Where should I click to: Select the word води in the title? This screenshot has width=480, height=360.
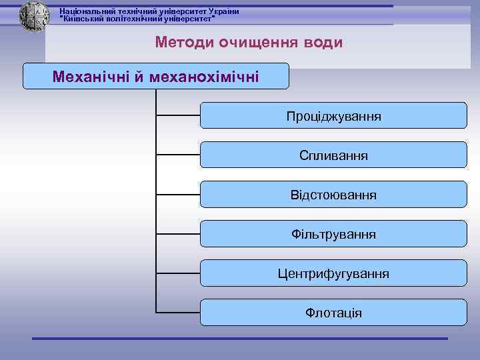322,43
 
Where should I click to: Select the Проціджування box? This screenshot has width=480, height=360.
333,115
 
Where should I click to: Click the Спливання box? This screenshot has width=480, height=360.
333,155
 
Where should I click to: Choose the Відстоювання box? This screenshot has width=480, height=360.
333,195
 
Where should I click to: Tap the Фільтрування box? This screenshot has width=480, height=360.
333,234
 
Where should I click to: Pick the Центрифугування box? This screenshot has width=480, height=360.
333,273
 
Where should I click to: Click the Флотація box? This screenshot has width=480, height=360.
333,312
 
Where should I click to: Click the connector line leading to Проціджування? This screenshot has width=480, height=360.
178,115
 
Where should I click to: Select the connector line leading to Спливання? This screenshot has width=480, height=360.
178,155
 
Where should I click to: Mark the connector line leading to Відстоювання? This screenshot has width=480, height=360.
178,195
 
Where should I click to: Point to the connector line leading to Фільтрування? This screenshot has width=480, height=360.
178,234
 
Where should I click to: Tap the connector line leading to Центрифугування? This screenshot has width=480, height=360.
178,273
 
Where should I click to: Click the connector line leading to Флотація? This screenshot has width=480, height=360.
178,312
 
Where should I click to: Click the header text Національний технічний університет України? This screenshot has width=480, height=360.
149,11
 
